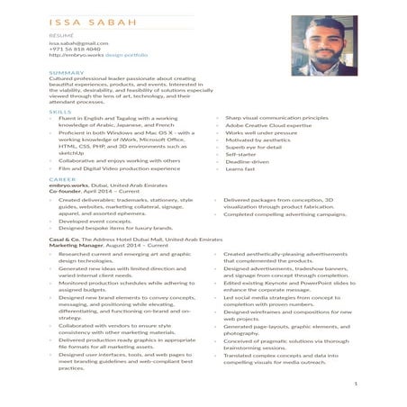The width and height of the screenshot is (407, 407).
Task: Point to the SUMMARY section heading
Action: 67,72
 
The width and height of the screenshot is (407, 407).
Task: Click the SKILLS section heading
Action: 61,112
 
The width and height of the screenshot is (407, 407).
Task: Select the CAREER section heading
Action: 63,180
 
